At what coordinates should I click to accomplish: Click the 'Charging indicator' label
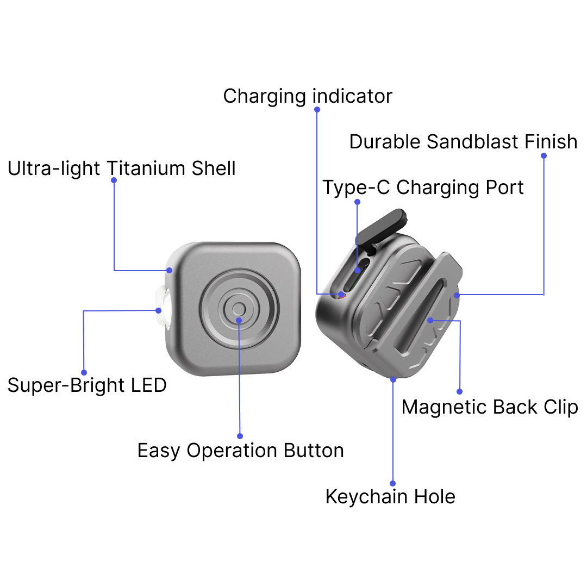click(308, 96)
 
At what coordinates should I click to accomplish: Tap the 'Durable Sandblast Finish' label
click(463, 142)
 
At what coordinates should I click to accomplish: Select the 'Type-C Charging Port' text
click(423, 188)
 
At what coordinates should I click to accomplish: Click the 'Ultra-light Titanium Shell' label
click(122, 168)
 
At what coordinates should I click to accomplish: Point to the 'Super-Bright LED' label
click(87, 385)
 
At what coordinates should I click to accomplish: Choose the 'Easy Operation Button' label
click(240, 451)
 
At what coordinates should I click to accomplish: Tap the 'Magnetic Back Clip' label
click(490, 407)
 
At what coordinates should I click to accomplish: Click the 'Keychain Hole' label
click(390, 496)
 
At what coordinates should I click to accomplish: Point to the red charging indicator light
click(341, 295)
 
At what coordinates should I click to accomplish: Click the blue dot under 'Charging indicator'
click(317, 109)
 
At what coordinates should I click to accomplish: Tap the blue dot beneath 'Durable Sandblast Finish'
click(544, 155)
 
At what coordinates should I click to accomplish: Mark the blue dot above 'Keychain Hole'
click(392, 483)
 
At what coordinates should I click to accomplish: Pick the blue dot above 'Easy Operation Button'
click(240, 436)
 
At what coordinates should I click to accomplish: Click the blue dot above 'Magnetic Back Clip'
click(459, 391)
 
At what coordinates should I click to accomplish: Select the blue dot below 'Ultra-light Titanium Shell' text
click(114, 180)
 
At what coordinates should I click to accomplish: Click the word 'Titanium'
click(147, 168)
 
